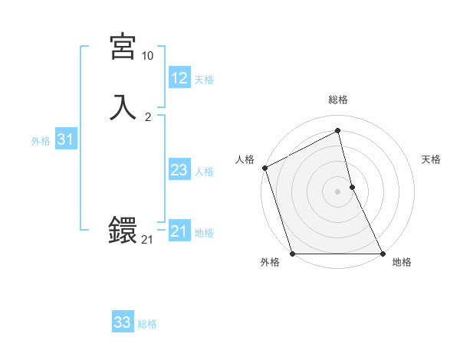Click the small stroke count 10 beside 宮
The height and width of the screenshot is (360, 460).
pyautogui.click(x=147, y=56)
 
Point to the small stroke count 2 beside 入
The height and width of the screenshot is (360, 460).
pyautogui.click(x=148, y=117)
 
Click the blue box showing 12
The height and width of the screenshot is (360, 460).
pyautogui.click(x=179, y=78)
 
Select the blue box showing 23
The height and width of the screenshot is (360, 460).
pyautogui.click(x=179, y=170)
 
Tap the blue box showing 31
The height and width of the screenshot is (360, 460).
pyautogui.click(x=65, y=139)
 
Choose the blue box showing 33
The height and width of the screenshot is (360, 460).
pyautogui.click(x=123, y=322)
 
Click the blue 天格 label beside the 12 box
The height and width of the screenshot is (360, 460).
pyautogui.click(x=204, y=80)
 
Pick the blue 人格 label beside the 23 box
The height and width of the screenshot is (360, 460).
pyautogui.click(x=205, y=172)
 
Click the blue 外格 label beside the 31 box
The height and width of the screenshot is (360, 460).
pyautogui.click(x=41, y=141)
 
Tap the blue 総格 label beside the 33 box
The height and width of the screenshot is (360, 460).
pyautogui.click(x=147, y=324)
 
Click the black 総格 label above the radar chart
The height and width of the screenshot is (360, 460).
pyautogui.click(x=338, y=100)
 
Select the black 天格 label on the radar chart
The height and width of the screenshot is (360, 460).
pyautogui.click(x=432, y=159)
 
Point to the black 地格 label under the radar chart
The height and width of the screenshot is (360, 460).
pyautogui.click(x=402, y=263)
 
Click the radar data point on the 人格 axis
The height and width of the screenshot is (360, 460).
pyautogui.click(x=265, y=168)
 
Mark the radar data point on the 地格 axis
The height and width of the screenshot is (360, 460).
pyautogui.click(x=383, y=253)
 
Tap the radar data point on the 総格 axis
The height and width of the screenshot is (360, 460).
pyautogui.click(x=338, y=131)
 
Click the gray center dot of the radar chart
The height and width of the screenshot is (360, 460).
pyautogui.click(x=338, y=191)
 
